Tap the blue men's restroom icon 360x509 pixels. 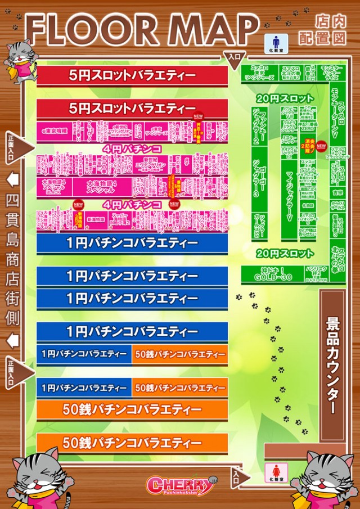pos(276,41)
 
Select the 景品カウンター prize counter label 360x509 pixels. pos(332,366)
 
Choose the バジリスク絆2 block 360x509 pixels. pos(312,274)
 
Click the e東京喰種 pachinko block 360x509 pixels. pos(55,130)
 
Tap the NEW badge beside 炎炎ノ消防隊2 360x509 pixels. pos(321,146)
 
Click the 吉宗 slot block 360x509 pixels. pos(337,192)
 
